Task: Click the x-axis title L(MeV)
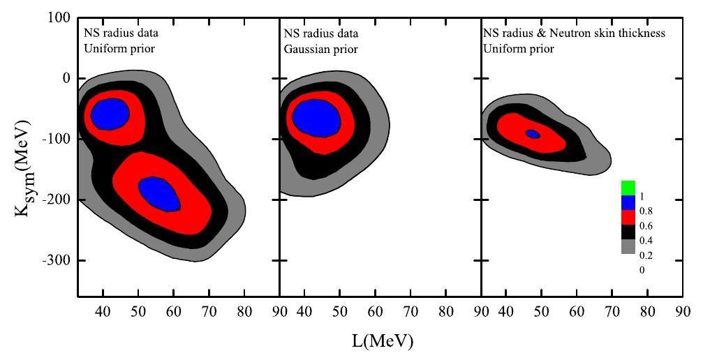coord(383,341)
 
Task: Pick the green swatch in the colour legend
coord(628,188)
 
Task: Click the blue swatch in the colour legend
coord(628,203)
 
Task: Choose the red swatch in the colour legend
coord(628,218)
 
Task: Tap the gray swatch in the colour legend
coord(628,247)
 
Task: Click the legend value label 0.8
coord(646,211)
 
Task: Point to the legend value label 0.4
coord(646,241)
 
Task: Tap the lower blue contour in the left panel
coord(159,193)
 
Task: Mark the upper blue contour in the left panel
coord(110,114)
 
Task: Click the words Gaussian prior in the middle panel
coord(320,50)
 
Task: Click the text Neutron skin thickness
coord(612,33)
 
